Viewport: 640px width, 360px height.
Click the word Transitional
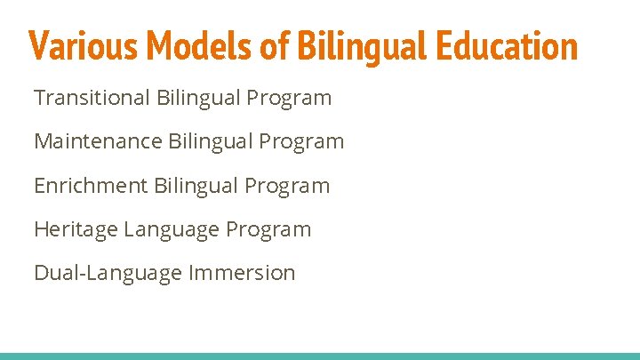click(x=92, y=97)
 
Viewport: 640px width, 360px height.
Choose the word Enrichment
click(x=91, y=186)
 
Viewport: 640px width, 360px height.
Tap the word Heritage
click(x=76, y=229)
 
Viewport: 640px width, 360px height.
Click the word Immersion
click(x=242, y=273)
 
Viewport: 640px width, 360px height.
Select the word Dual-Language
click(x=108, y=273)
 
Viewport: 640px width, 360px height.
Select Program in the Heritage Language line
click(x=268, y=230)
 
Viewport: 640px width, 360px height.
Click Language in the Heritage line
click(x=172, y=230)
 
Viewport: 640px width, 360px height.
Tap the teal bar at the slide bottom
click(x=320, y=356)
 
